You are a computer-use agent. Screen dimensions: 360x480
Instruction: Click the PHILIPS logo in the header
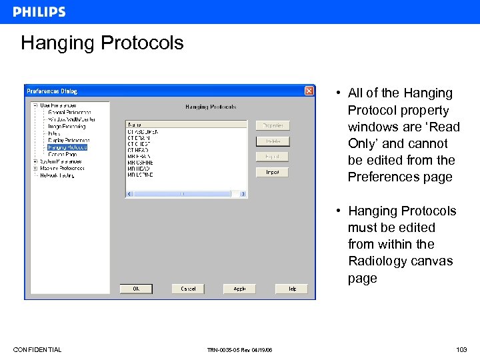[39, 12]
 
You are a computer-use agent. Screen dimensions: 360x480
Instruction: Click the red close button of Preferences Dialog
[309, 91]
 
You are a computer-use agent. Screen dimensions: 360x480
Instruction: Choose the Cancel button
[188, 289]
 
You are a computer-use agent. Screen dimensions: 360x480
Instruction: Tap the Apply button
[239, 289]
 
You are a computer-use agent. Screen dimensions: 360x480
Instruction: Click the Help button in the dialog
[291, 289]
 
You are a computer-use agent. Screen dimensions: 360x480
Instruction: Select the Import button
[272, 172]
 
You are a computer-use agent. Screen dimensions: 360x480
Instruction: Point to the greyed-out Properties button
[272, 125]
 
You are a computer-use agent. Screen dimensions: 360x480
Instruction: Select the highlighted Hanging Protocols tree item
[67, 147]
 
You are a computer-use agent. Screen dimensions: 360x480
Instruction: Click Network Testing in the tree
[57, 175]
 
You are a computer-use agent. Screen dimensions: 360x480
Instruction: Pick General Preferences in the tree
[70, 113]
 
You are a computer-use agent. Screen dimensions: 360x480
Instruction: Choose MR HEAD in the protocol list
[139, 169]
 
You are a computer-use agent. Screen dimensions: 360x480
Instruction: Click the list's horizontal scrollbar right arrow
[244, 194]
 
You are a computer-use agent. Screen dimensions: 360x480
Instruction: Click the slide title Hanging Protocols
[102, 43]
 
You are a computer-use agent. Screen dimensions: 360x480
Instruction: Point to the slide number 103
[461, 349]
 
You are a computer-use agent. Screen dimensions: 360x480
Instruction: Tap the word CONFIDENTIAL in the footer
[37, 349]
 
